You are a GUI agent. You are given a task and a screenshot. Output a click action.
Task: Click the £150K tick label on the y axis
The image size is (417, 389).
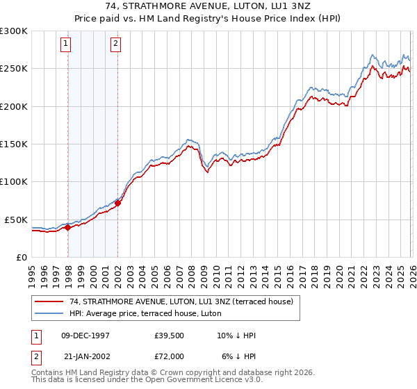(14, 144)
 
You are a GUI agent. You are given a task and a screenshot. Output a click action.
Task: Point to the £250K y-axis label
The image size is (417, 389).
(14, 69)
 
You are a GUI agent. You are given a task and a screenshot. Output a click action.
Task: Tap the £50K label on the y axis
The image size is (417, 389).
(16, 220)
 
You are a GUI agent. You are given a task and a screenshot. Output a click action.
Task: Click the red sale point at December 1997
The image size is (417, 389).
(67, 227)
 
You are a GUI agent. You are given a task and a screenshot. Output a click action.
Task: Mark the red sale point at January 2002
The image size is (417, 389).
(118, 203)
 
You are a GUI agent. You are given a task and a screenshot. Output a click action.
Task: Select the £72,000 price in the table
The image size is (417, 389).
(169, 355)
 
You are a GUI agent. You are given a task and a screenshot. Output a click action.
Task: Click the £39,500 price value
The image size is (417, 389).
(169, 336)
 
